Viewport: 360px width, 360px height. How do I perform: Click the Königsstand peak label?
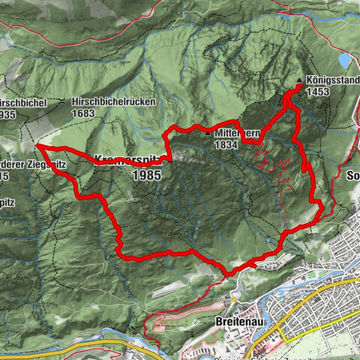(x=329, y=77)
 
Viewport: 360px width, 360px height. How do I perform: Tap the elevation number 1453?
(x=318, y=90)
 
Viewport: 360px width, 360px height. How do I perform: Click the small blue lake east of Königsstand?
(x=343, y=59)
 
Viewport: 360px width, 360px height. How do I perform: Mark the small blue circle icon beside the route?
(x=268, y=240)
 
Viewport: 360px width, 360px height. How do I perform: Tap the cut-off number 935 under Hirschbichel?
(x=7, y=114)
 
